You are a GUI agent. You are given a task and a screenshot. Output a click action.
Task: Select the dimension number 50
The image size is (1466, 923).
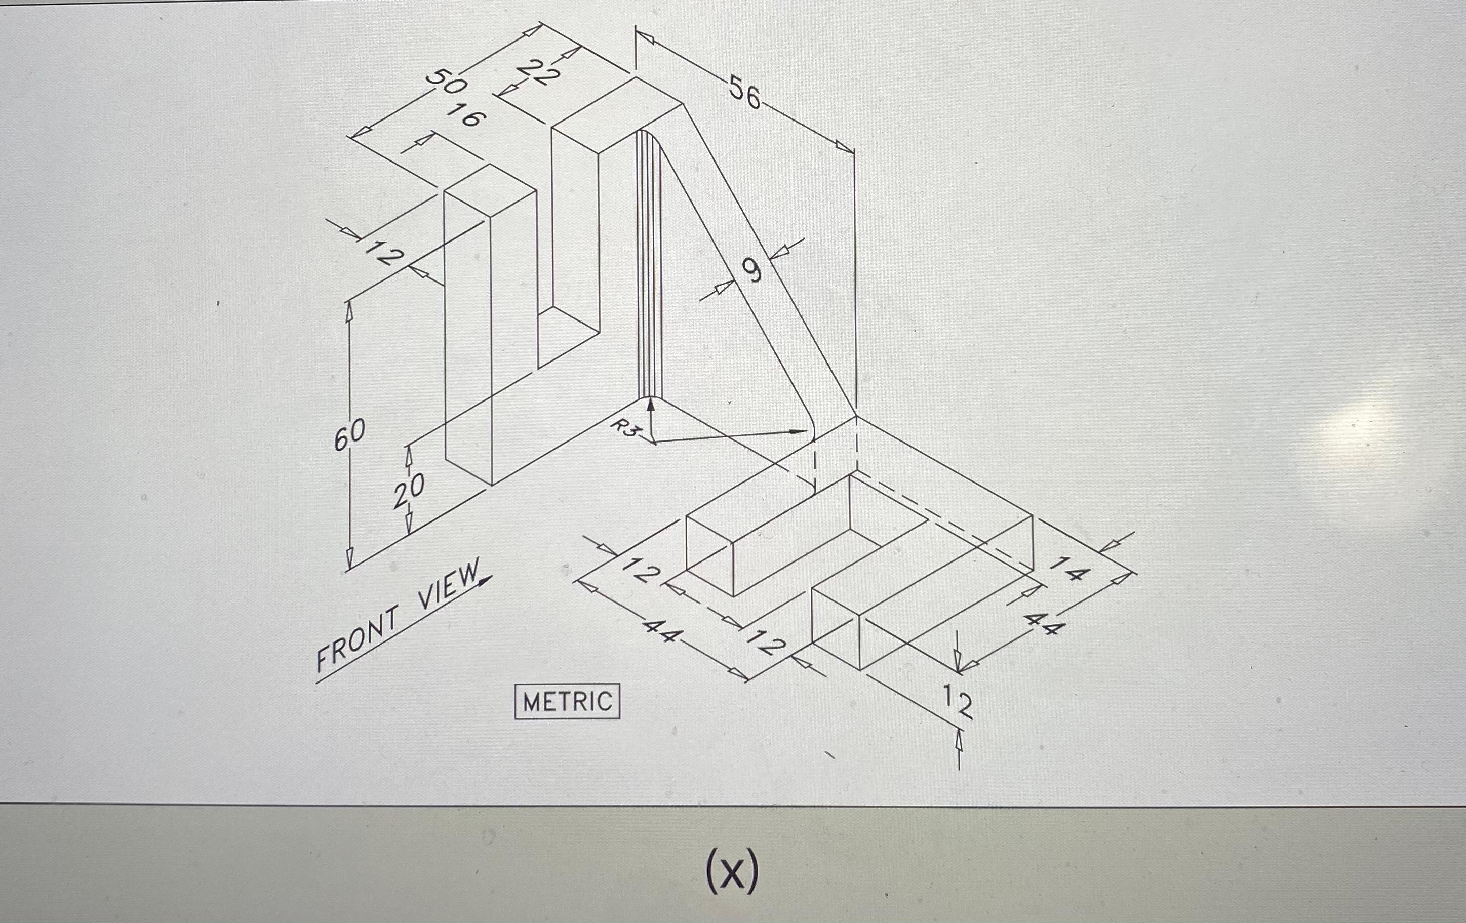click(x=445, y=82)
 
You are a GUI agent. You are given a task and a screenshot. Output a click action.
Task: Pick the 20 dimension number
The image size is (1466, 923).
click(x=408, y=491)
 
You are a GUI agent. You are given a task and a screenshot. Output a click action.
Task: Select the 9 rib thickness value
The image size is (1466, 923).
click(x=753, y=270)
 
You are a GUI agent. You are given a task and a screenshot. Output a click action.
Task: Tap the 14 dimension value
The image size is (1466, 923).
click(x=1069, y=568)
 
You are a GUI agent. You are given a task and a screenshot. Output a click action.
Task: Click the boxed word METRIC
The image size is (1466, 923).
click(x=567, y=702)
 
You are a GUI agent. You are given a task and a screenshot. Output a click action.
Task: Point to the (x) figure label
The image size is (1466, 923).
click(x=732, y=872)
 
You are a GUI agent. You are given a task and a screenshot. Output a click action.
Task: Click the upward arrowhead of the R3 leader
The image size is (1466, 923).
click(x=650, y=403)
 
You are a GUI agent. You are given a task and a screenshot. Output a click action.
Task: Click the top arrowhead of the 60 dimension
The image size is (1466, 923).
click(x=349, y=310)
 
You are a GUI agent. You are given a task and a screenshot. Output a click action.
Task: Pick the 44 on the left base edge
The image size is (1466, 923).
click(x=662, y=631)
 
